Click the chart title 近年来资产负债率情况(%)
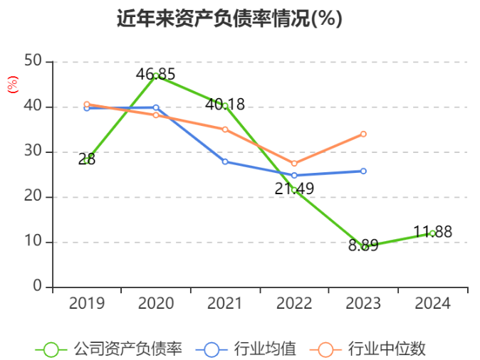pyautogui.click(x=229, y=19)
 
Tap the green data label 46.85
pyautogui.click(x=156, y=74)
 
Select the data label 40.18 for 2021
pyautogui.click(x=225, y=105)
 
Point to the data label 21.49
pyautogui.click(x=294, y=189)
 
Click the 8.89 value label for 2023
pyautogui.click(x=363, y=245)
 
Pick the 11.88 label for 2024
pyautogui.click(x=432, y=232)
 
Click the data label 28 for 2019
pyautogui.click(x=87, y=159)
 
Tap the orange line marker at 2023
pyautogui.click(x=363, y=134)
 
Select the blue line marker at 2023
pyautogui.click(x=363, y=171)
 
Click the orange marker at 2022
pyautogui.click(x=294, y=164)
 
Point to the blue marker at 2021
pyautogui.click(x=225, y=162)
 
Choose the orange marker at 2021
pyautogui.click(x=225, y=129)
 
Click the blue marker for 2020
pyautogui.click(x=156, y=107)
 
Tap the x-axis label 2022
pyautogui.click(x=294, y=304)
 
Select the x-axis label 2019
pyautogui.click(x=87, y=304)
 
